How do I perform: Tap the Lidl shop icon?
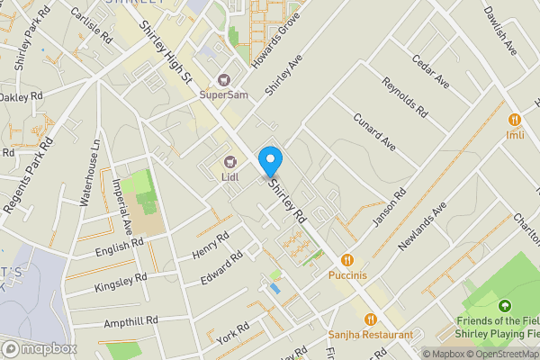tap(229, 162)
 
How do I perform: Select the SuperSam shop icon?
tap(224, 78)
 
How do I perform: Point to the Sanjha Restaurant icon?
tap(370, 319)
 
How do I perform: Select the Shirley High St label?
tap(166, 52)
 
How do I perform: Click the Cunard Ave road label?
tap(373, 131)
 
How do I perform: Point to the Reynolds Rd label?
tap(405, 97)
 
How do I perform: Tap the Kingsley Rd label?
tap(119, 283)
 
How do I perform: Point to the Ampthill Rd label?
tap(130, 320)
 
